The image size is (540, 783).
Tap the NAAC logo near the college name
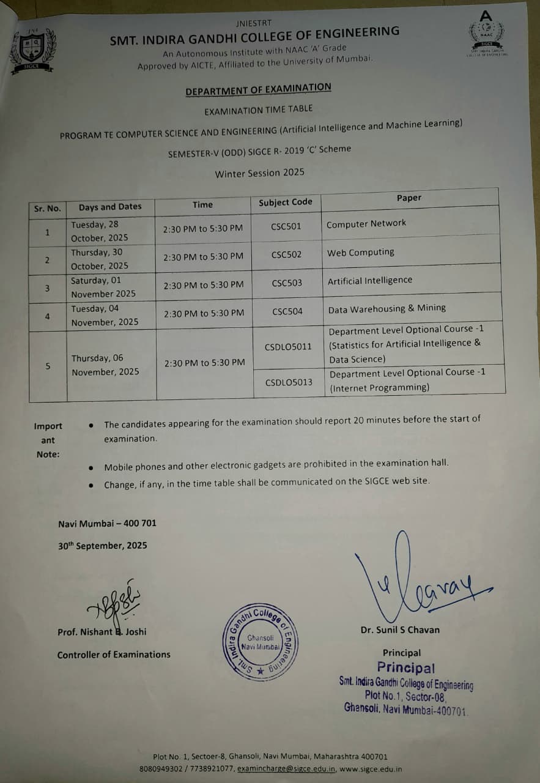(x=486, y=34)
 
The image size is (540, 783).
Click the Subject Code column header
(x=285, y=202)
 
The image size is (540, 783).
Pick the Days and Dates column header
(x=110, y=207)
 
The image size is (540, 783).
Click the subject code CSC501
(x=286, y=226)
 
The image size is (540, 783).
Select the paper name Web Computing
(x=360, y=252)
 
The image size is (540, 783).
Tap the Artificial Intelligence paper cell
(x=369, y=280)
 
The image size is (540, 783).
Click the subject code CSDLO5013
(x=289, y=382)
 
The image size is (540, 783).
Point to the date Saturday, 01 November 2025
(x=103, y=287)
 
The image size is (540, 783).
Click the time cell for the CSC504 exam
(x=203, y=313)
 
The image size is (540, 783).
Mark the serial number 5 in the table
(x=48, y=366)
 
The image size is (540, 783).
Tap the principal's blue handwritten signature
(x=422, y=581)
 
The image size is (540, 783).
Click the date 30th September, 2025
(x=103, y=546)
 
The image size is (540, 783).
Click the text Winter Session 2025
(x=259, y=173)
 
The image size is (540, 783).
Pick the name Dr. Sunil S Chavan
(x=400, y=629)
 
